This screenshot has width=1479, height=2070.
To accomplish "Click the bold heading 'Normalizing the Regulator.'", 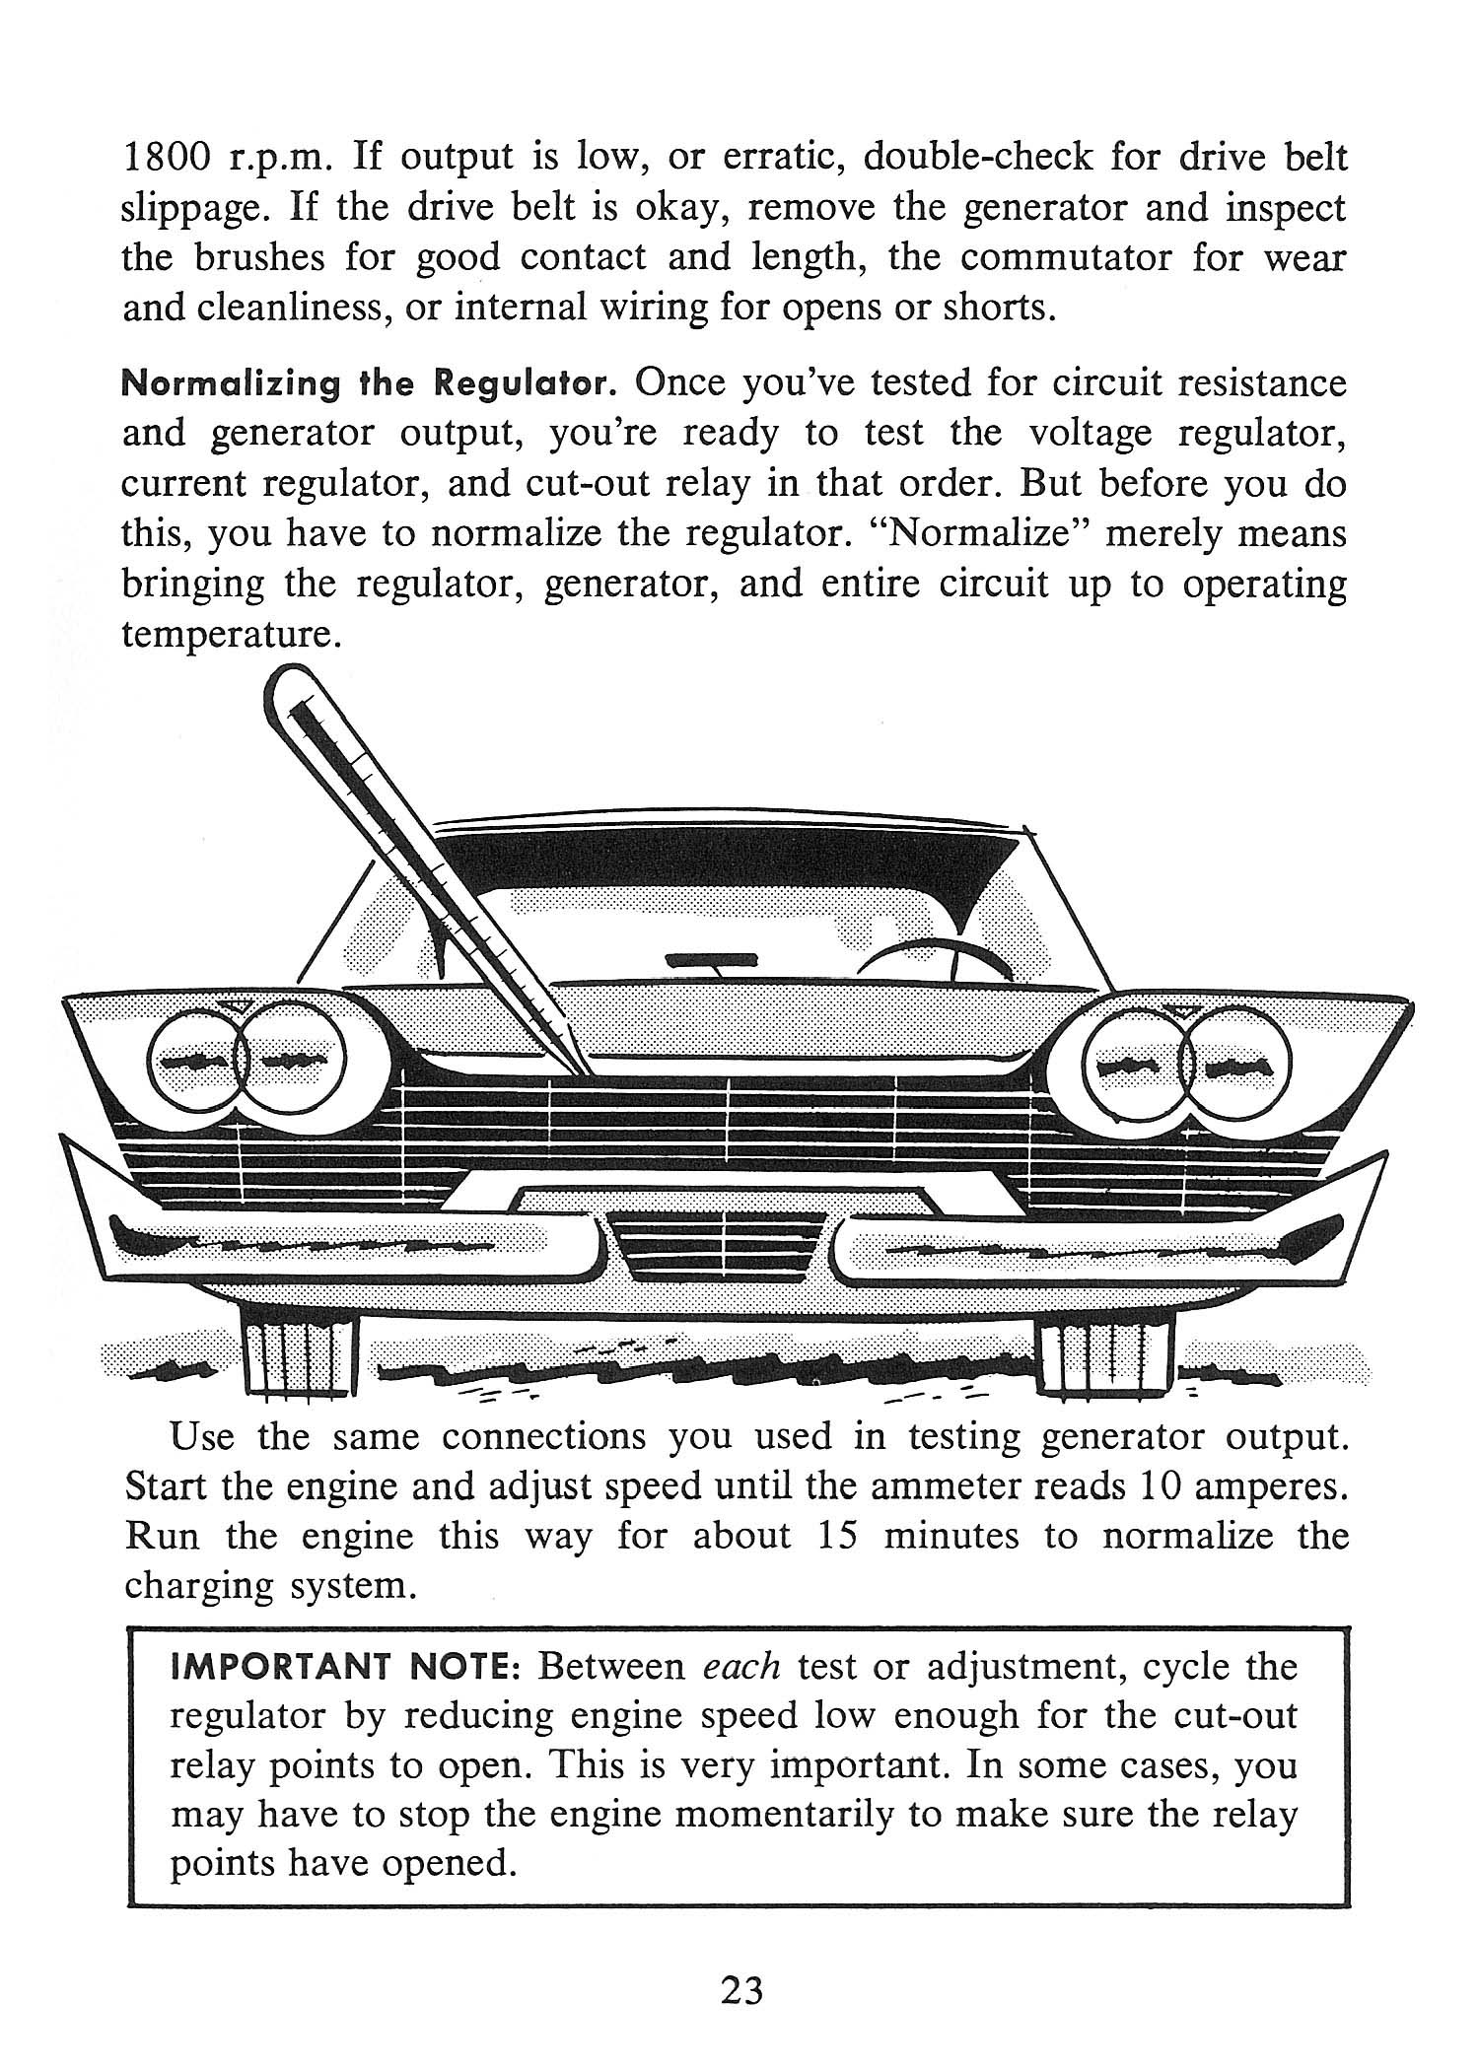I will (369, 383).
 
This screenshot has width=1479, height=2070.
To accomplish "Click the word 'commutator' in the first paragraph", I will (1068, 258).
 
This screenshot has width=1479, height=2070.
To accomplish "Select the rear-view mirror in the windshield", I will (710, 959).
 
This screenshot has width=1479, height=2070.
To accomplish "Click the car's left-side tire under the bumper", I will (296, 1358).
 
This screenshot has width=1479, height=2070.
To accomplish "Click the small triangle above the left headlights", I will (235, 1005).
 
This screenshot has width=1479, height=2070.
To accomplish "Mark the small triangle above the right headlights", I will (1179, 1008).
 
